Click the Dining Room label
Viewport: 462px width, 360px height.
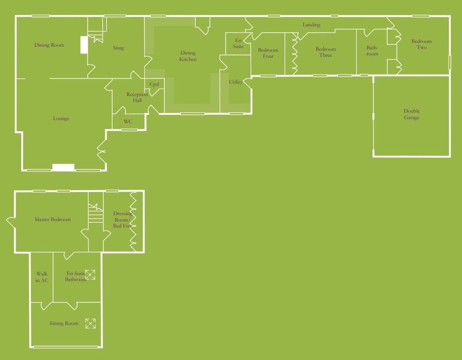(x=49, y=45)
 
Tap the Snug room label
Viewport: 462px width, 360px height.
(x=118, y=48)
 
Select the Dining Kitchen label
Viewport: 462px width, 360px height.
(x=188, y=56)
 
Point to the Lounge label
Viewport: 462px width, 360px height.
(x=61, y=119)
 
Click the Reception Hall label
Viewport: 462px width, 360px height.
(x=137, y=97)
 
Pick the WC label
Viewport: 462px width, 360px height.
(x=128, y=122)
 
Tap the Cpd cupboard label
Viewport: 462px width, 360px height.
(x=154, y=84)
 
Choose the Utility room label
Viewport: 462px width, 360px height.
(x=235, y=82)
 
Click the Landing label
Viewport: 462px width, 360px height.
(x=311, y=25)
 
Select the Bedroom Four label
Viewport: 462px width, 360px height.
(x=268, y=53)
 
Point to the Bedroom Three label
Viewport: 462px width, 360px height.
(x=326, y=52)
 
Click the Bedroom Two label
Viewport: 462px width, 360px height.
(x=421, y=44)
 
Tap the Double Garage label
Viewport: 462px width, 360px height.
(x=412, y=114)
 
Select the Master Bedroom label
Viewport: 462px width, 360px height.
(x=53, y=220)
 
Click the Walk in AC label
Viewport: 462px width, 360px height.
(x=42, y=277)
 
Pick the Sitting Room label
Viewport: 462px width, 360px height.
(x=64, y=324)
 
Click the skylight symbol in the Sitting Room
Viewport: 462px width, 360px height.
(x=91, y=324)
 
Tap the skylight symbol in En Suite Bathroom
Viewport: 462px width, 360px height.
(x=90, y=275)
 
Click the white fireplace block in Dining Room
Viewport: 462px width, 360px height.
(x=84, y=45)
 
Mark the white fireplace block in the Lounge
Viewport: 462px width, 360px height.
(x=63, y=167)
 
